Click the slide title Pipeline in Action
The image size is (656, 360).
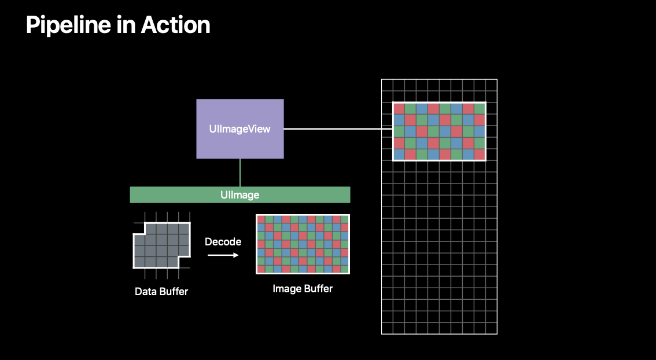click(x=118, y=25)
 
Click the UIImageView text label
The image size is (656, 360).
click(x=239, y=128)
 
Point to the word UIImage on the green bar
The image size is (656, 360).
click(x=239, y=194)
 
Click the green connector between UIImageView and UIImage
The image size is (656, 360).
click(x=239, y=172)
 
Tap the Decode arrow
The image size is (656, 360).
click(x=223, y=255)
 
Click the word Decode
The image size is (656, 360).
click(x=223, y=241)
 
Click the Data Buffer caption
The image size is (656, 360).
click(x=161, y=291)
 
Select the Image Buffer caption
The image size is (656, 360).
click(x=303, y=288)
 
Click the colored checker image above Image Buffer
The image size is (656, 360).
click(x=303, y=244)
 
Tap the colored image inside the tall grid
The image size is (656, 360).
click(x=439, y=131)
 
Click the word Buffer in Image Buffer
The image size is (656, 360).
click(x=318, y=288)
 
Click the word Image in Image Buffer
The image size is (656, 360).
click(x=286, y=288)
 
